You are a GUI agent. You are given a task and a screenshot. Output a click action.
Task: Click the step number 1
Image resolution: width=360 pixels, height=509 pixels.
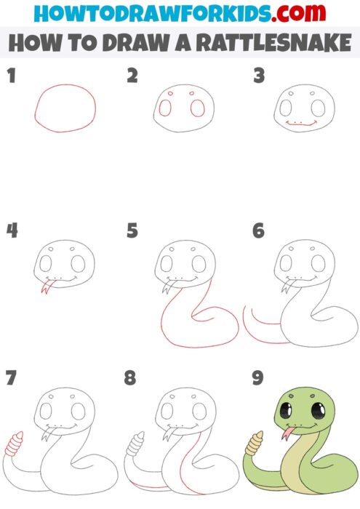pyautogui.click(x=11, y=75)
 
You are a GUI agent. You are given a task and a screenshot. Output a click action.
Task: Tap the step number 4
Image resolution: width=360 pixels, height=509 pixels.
pyautogui.click(x=12, y=231)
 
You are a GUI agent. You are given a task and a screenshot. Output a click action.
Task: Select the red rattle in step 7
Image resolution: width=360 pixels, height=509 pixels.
pyautogui.click(x=14, y=444)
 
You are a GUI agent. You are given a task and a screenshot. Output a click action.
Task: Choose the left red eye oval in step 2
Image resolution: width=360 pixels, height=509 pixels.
pyautogui.click(x=166, y=108)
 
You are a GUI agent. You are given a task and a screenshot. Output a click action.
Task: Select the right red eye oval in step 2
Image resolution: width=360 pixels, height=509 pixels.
pyautogui.click(x=196, y=108)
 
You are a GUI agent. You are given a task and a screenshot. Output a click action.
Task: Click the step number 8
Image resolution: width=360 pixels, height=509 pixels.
pyautogui.click(x=130, y=377)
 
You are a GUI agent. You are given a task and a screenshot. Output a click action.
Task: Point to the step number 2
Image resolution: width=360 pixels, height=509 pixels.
pyautogui.click(x=132, y=75)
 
